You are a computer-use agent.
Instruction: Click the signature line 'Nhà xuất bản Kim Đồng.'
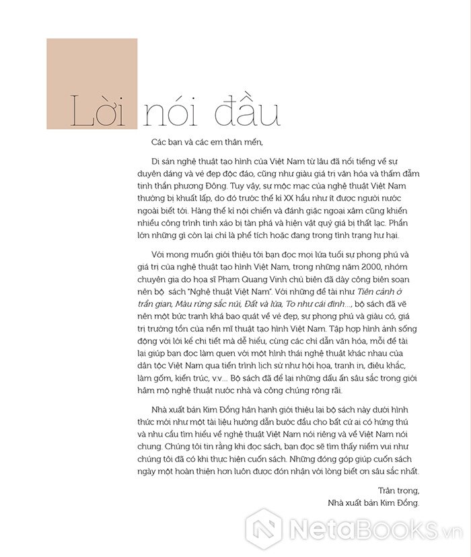pos(373,503)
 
